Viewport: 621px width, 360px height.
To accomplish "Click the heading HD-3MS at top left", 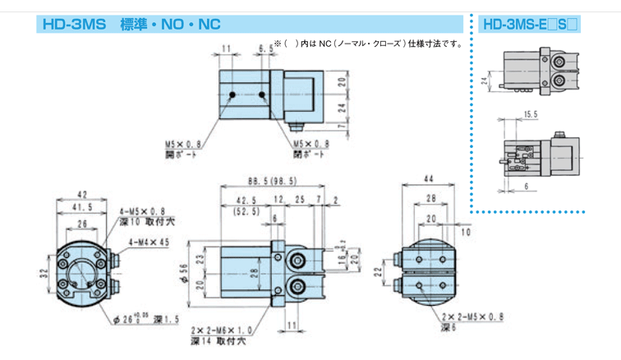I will (x=72, y=24).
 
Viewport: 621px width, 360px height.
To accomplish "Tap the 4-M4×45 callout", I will (x=147, y=242).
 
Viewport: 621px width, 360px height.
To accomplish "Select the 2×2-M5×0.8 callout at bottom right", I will (x=471, y=316).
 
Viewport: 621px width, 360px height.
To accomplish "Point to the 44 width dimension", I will (x=428, y=181).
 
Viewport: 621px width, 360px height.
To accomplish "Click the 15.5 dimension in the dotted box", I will (x=529, y=116).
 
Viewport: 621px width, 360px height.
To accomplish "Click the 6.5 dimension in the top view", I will (x=264, y=50).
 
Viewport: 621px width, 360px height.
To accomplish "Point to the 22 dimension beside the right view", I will (x=378, y=271).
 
